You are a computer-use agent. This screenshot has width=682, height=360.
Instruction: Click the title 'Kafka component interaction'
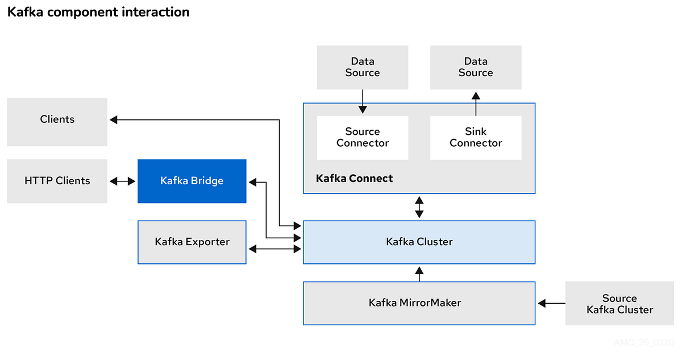[98, 12]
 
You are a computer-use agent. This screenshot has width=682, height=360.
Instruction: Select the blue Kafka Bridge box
[192, 181]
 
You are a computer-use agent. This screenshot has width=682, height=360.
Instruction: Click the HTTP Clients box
[57, 181]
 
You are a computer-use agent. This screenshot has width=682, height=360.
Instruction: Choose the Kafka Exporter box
[192, 242]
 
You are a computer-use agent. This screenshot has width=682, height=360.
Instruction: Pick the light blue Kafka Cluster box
[419, 242]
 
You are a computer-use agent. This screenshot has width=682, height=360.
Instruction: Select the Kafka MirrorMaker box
[419, 303]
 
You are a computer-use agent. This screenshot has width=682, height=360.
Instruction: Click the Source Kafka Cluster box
[619, 304]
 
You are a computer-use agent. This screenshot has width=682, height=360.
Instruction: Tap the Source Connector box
[362, 138]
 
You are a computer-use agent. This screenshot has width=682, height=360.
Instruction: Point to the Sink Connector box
[476, 138]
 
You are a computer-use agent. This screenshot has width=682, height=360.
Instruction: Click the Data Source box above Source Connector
[362, 67]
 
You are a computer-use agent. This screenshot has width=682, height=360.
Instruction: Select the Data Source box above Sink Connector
[476, 67]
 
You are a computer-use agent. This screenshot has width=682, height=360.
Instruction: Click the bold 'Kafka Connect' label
[354, 179]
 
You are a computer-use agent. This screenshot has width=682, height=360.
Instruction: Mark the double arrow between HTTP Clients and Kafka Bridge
[122, 181]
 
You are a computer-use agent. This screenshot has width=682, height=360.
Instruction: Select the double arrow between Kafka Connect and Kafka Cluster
[419, 207]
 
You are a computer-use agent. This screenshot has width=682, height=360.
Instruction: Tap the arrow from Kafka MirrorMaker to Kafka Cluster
[419, 273]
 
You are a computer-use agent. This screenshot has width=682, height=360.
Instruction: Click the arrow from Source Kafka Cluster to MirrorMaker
[550, 303]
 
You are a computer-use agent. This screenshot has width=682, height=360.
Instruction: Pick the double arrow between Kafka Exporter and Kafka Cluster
[275, 249]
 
